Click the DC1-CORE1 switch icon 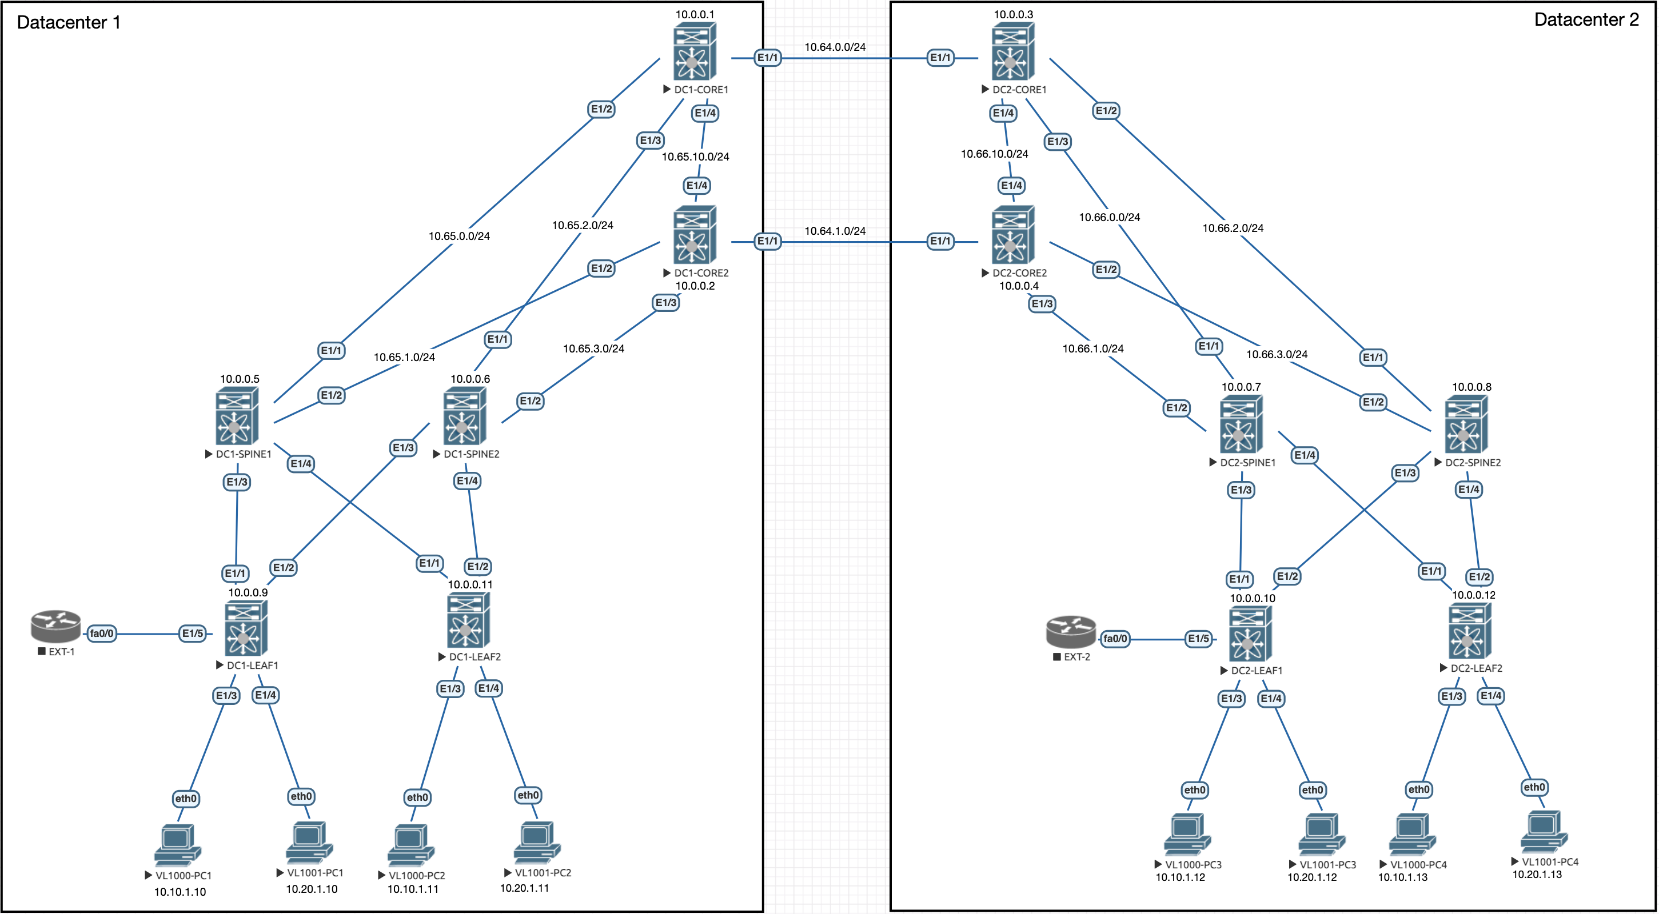694,51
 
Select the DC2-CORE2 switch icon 1013,235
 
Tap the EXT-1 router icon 56,626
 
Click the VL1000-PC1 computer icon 177,844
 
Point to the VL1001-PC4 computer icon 1544,832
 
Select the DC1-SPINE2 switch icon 464,416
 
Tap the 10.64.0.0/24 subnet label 835,47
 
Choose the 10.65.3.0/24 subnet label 593,349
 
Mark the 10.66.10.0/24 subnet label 994,154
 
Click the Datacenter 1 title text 68,22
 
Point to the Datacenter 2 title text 1586,20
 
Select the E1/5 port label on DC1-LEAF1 193,634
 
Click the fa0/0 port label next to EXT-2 1115,639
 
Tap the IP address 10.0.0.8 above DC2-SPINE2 1471,387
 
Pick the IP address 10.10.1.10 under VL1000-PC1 180,892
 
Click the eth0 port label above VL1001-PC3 1312,790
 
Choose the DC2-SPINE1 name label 1247,463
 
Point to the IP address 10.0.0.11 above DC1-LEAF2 470,584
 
